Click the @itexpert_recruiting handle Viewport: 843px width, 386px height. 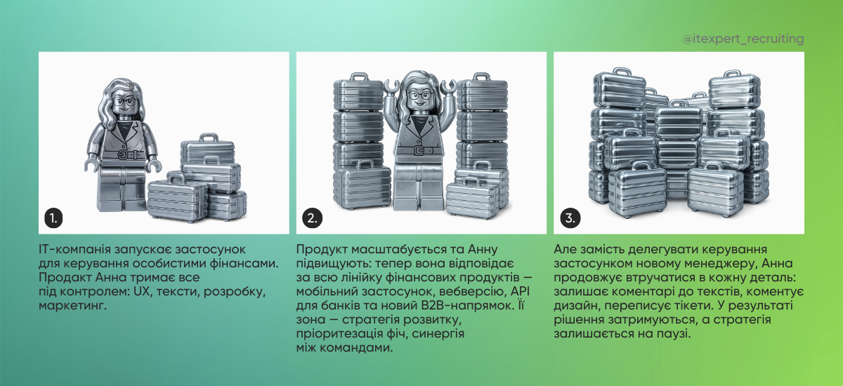coord(743,39)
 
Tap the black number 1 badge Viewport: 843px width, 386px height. coord(53,218)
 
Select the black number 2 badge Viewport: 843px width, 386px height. coord(311,218)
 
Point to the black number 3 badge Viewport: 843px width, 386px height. coord(569,218)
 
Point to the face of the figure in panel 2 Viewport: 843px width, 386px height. coord(419,98)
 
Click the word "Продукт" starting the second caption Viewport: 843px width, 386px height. coord(322,251)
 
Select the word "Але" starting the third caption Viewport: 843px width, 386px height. coord(566,251)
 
